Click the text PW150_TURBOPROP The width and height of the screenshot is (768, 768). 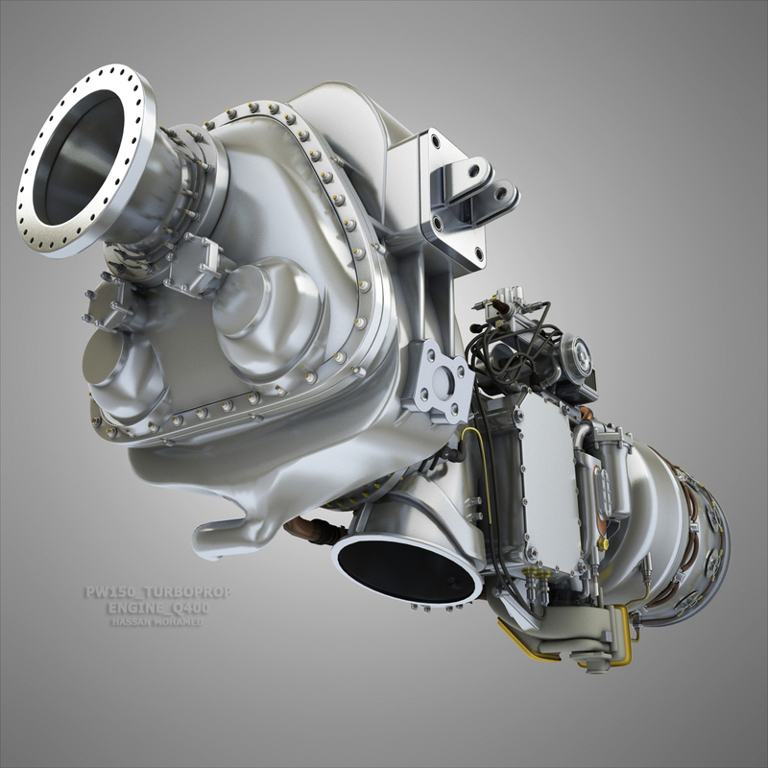156,592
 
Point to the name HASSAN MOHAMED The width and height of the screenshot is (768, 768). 156,621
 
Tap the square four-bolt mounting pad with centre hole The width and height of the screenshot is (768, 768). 441,381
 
